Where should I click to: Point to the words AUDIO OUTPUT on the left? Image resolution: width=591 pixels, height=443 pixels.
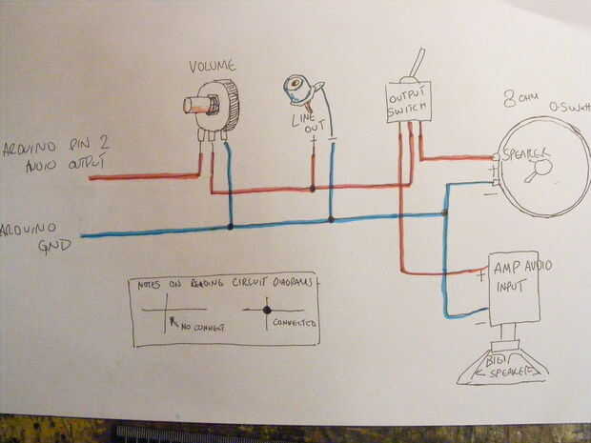[x=53, y=163]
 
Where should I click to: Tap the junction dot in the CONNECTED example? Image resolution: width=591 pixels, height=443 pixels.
[x=267, y=310]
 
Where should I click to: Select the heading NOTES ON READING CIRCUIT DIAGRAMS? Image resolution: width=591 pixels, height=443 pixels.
[x=225, y=285]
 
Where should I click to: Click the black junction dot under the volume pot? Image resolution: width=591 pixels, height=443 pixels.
[x=231, y=227]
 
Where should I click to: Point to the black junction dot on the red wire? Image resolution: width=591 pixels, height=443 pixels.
[x=313, y=189]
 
